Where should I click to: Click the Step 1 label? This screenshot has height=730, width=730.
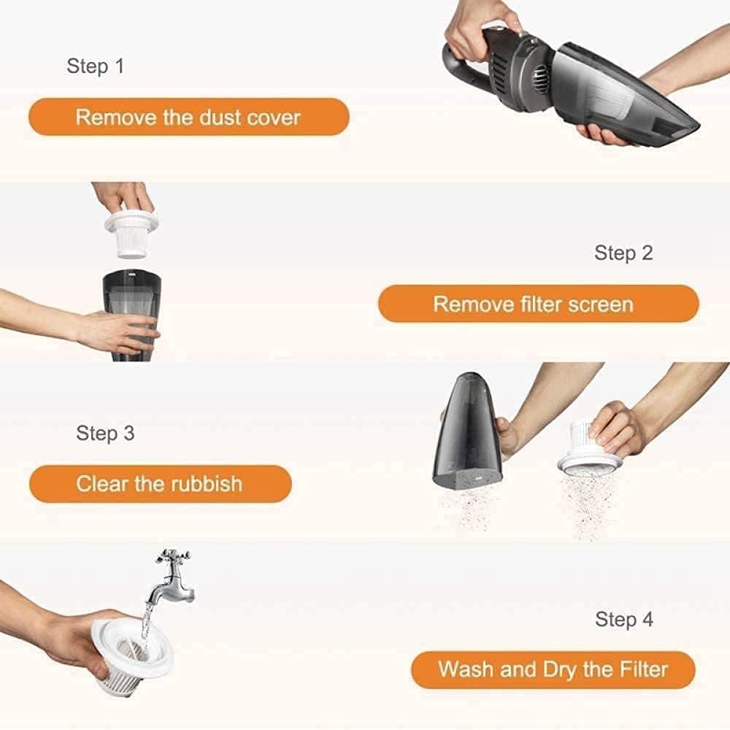point(96,66)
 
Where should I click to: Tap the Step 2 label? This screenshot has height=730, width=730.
point(623,253)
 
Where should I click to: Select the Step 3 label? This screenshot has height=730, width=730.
point(106,433)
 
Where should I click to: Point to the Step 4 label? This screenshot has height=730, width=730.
point(624,620)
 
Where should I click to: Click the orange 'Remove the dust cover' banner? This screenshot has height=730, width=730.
point(188,118)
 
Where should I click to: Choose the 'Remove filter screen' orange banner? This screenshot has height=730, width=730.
point(537,304)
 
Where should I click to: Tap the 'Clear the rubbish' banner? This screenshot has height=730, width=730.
point(160,484)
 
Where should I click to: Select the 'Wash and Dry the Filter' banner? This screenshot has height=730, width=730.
point(553,669)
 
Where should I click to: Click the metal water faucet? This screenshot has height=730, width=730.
point(174,577)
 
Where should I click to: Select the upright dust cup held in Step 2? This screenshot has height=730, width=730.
point(131,314)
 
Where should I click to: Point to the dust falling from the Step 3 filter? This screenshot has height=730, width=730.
point(584,504)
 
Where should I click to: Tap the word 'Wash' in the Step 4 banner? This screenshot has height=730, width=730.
point(464,669)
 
